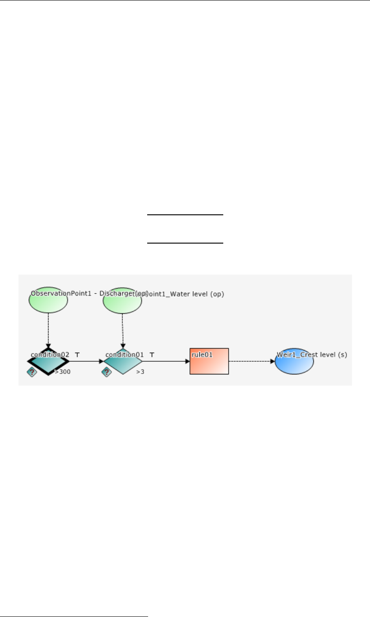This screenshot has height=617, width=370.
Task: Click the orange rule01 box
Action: pos(209,361)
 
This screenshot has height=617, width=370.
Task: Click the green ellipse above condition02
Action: pos(48,302)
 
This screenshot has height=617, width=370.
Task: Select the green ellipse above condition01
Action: pos(122,303)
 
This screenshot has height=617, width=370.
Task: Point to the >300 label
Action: pos(63,372)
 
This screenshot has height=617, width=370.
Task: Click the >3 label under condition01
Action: pos(140,372)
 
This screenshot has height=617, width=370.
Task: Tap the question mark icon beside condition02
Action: pos(32,372)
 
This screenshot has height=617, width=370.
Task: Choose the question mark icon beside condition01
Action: pos(106,372)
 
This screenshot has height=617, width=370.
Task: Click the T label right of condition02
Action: pos(77,355)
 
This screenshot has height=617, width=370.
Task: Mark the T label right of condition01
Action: pos(152,355)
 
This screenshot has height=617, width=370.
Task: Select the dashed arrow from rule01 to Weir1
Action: pos(252,361)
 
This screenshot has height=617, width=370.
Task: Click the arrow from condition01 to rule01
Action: pos(166,361)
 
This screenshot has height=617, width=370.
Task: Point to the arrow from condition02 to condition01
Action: pos(86,361)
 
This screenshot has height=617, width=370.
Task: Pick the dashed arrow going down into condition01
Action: pos(123,330)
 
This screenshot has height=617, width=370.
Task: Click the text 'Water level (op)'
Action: pos(200,294)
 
